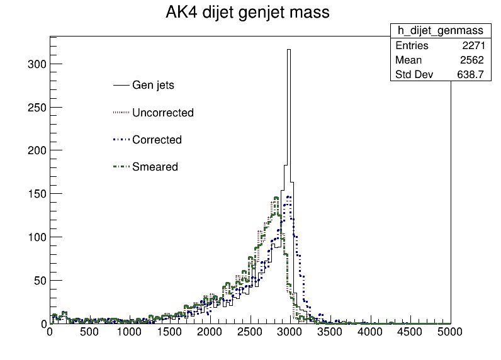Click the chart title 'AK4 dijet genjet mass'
(x=247, y=13)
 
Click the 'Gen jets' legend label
(x=153, y=86)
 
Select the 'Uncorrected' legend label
(x=163, y=113)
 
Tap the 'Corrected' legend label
(x=157, y=140)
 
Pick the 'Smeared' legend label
(x=155, y=167)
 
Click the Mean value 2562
(x=472, y=60)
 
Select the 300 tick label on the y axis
(x=37, y=64)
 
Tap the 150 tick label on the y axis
(x=37, y=194)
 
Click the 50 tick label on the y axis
(x=40, y=281)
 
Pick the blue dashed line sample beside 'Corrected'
(x=121, y=140)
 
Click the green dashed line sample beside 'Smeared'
(x=121, y=167)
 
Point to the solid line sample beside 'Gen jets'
(x=121, y=86)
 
